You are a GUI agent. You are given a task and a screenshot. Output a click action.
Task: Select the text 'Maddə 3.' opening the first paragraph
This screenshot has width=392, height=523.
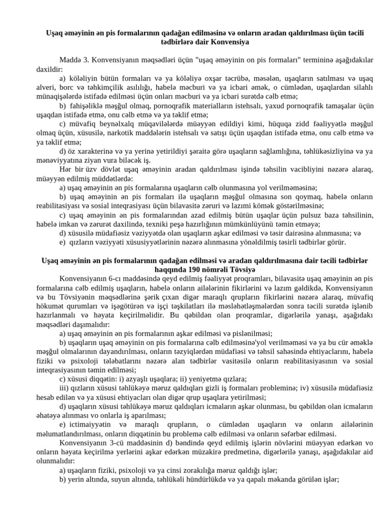75,59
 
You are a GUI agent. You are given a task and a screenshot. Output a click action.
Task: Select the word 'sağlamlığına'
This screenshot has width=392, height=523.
274,151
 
